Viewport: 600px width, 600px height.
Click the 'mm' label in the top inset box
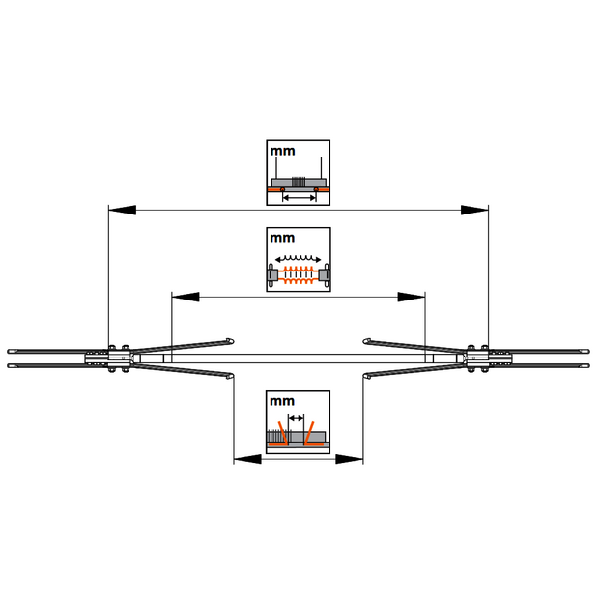(282, 152)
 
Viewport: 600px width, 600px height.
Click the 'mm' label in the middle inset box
(282, 237)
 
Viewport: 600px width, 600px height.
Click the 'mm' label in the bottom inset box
(282, 400)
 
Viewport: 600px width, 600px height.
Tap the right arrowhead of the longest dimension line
(473, 209)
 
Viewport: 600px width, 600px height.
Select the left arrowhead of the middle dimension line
(185, 296)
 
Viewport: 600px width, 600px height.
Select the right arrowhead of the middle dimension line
(411, 296)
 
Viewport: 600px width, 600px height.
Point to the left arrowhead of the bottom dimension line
(247, 460)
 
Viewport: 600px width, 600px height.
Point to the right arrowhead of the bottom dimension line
(349, 460)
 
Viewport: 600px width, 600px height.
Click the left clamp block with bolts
(119, 357)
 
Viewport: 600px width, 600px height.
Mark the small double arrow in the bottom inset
(297, 419)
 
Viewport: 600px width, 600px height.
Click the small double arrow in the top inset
(300, 197)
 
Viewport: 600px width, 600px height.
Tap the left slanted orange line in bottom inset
(283, 431)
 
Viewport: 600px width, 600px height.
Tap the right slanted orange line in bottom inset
(311, 431)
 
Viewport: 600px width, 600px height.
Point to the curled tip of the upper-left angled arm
(230, 339)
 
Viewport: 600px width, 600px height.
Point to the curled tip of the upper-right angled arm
(366, 339)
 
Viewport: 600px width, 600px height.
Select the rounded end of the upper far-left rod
(10, 350)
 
